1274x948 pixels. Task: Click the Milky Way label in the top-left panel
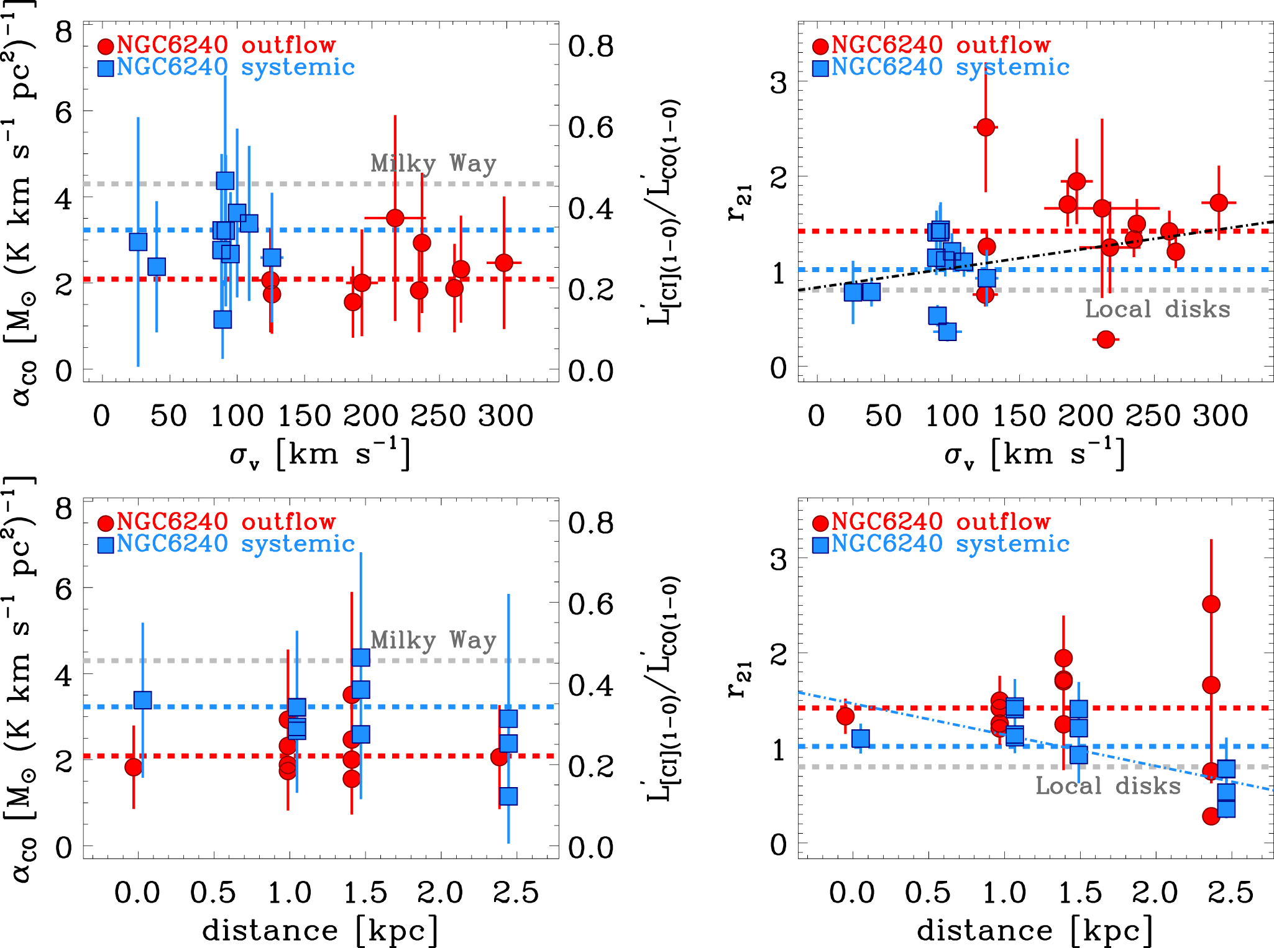pyautogui.click(x=433, y=163)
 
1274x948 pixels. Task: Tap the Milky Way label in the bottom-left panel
pyautogui.click(x=433, y=640)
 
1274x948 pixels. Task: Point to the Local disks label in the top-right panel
pyautogui.click(x=1157, y=309)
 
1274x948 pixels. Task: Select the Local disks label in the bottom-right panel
pyautogui.click(x=1107, y=785)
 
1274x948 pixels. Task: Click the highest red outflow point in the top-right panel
pyautogui.click(x=986, y=127)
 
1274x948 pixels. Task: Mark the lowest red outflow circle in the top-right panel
pyautogui.click(x=1106, y=339)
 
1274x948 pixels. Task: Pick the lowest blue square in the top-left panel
pyautogui.click(x=222, y=319)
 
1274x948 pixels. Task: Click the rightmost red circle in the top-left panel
pyautogui.click(x=504, y=263)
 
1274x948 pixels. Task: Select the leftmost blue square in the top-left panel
pyautogui.click(x=138, y=242)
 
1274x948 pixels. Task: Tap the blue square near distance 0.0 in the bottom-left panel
pyautogui.click(x=143, y=700)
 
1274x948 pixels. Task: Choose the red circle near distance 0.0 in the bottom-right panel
pyautogui.click(x=845, y=716)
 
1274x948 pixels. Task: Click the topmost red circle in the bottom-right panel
pyautogui.click(x=1211, y=604)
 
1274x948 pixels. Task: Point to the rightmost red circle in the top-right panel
pyautogui.click(x=1219, y=203)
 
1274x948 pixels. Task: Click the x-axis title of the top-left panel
pyautogui.click(x=319, y=454)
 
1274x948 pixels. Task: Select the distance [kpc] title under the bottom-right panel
pyautogui.click(x=1035, y=931)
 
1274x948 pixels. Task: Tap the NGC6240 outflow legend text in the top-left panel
pyautogui.click(x=226, y=45)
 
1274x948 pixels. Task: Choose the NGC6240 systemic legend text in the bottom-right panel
pyautogui.click(x=950, y=544)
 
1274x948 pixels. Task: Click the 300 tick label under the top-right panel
pyautogui.click(x=1220, y=416)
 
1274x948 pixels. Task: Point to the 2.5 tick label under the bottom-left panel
pyautogui.click(x=516, y=893)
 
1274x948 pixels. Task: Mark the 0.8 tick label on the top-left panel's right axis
pyautogui.click(x=590, y=47)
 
